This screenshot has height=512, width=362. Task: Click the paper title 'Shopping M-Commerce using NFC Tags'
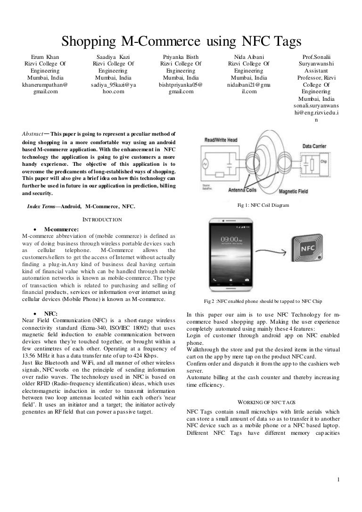181,42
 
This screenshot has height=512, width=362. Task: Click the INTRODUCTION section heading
102,219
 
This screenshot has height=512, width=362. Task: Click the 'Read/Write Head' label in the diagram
222,140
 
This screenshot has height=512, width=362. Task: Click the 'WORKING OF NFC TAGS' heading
267,402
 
